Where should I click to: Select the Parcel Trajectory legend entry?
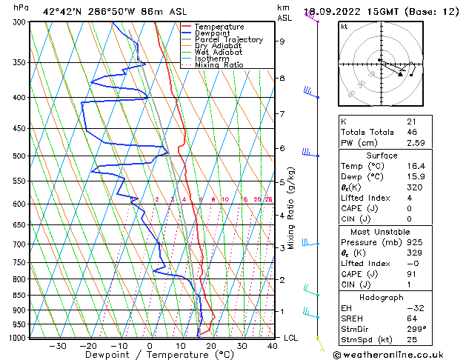coord(228,40)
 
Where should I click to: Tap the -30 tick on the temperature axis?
coord(57,346)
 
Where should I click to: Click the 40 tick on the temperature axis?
coord(273,346)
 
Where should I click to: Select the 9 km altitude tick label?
coord(282,41)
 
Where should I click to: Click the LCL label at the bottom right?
coord(291,338)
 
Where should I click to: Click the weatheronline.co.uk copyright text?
coord(399,354)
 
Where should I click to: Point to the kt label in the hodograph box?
coord(344,27)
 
